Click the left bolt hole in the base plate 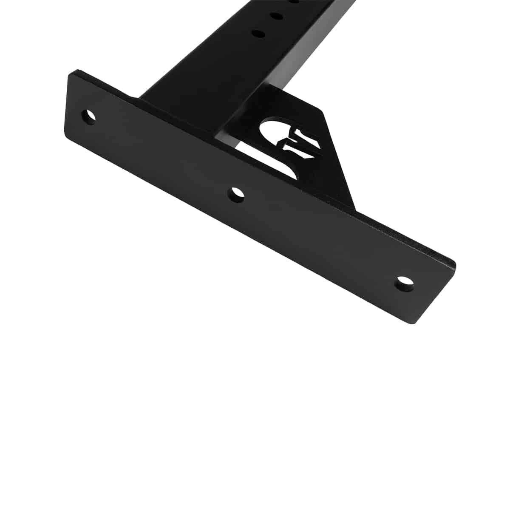88,116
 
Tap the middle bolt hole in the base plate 236,195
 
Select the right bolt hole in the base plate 405,283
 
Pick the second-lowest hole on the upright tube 276,16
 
